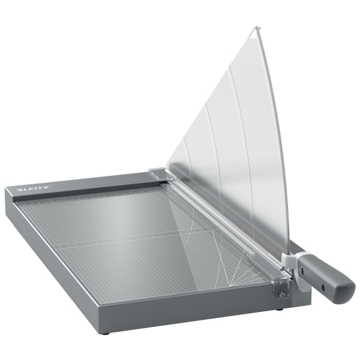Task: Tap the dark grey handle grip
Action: (x=328, y=277)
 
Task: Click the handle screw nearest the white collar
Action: (x=303, y=271)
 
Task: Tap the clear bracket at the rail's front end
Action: (x=281, y=290)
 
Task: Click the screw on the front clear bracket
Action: (x=278, y=294)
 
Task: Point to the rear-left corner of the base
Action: (x=7, y=191)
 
